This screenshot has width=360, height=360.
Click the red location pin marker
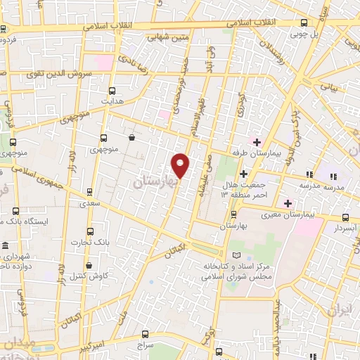pyautogui.click(x=181, y=165)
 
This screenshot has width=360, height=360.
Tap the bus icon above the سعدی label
pyautogui.click(x=89, y=191)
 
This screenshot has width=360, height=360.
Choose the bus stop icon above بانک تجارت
pyautogui.click(x=89, y=231)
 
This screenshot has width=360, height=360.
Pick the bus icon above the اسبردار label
pyautogui.click(x=345, y=217)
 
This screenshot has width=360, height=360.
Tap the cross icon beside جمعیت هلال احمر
pyautogui.click(x=244, y=174)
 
